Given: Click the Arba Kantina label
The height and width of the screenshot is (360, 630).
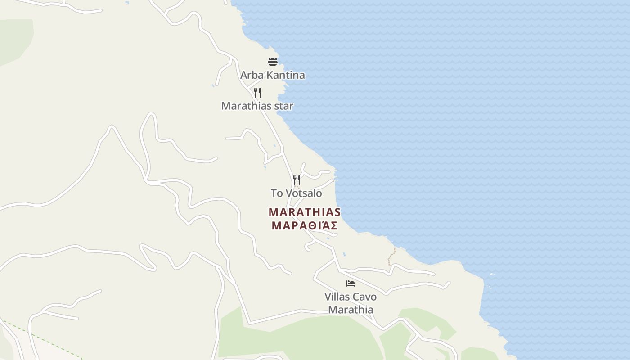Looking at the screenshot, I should tap(272, 75).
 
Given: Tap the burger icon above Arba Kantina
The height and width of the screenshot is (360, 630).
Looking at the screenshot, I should tap(273, 61).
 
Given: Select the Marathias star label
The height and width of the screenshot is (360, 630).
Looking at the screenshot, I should tap(257, 106).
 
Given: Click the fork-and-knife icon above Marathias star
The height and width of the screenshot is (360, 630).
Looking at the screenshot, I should tap(257, 93).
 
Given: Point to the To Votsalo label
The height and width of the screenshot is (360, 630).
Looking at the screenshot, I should tap(296, 193).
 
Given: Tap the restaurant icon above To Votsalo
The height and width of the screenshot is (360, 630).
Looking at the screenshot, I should tap(296, 180).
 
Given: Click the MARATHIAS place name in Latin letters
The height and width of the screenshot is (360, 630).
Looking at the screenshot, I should tap(305, 212).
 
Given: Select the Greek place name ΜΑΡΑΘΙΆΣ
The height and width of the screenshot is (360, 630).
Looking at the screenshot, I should tap(305, 225).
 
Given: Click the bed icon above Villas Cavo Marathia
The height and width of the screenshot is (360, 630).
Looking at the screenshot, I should tap(351, 283).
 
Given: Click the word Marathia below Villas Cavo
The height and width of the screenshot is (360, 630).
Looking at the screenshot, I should tap(351, 310).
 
